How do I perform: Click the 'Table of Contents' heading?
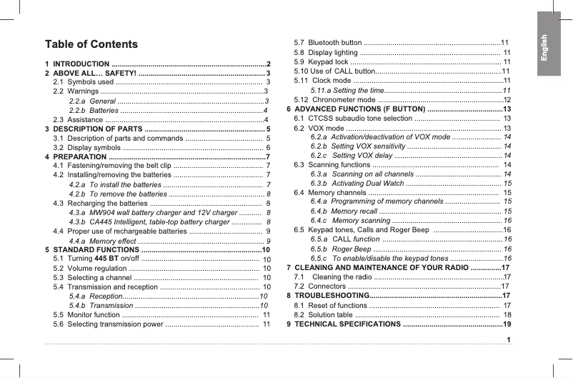91,44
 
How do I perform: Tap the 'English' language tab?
544,48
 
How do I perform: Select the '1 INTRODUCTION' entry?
79,64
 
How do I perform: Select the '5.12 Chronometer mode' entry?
335,99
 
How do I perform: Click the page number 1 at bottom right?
508,338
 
